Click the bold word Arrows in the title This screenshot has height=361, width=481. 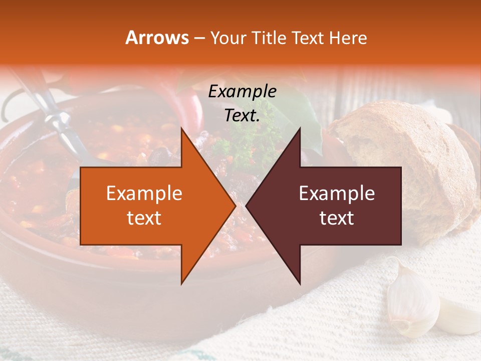pyautogui.click(x=157, y=38)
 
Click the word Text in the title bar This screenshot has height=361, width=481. pyautogui.click(x=309, y=38)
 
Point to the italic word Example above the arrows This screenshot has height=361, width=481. pyautogui.click(x=242, y=92)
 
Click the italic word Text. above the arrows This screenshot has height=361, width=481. pyautogui.click(x=242, y=116)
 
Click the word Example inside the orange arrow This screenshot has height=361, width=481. pyautogui.click(x=144, y=194)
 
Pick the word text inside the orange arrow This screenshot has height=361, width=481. pyautogui.click(x=144, y=218)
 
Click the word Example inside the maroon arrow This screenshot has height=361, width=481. pyautogui.click(x=337, y=194)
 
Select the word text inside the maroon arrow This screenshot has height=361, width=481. pyautogui.click(x=337, y=218)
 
